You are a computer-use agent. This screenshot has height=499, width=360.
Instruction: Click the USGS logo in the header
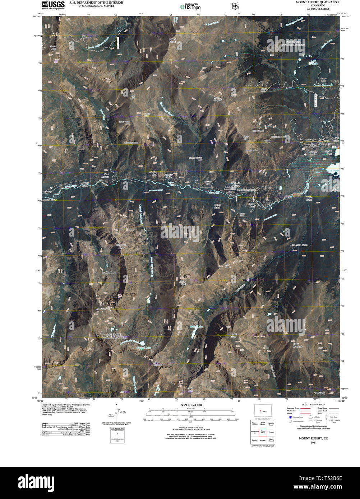tap(53, 4)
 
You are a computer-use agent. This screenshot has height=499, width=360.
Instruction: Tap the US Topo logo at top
tap(190, 6)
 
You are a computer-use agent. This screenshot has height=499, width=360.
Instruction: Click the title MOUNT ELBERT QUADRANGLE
tap(318, 2)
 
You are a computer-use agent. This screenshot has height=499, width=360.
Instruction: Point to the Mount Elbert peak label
tap(172, 40)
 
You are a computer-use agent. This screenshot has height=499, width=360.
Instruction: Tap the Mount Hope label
tap(234, 336)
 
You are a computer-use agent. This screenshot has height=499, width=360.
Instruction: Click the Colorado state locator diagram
tap(262, 411)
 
